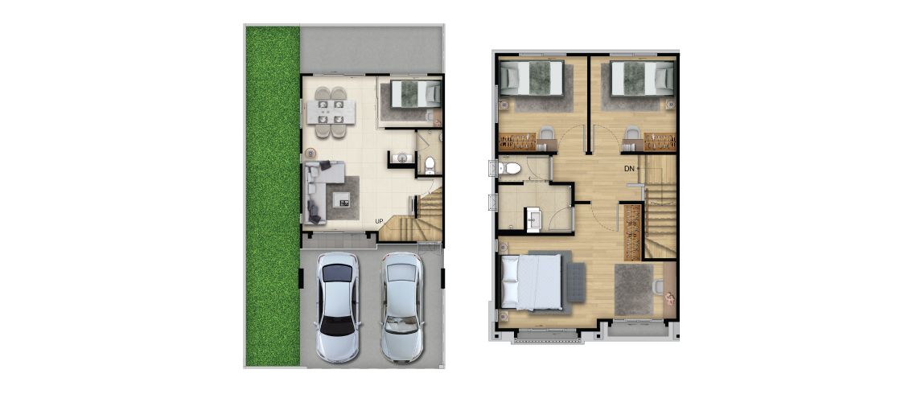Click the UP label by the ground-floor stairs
[380, 221]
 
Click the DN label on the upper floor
[629, 169]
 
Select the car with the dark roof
[337, 306]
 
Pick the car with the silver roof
[402, 306]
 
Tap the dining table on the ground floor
[331, 112]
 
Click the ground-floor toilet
[430, 165]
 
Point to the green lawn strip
[273, 196]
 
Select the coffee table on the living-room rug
[341, 199]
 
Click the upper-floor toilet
[509, 169]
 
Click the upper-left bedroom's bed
[532, 78]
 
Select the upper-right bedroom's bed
[642, 78]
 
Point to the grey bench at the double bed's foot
[577, 282]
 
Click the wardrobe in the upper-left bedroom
[517, 142]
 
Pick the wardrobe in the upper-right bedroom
[660, 142]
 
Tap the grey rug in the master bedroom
[634, 289]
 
